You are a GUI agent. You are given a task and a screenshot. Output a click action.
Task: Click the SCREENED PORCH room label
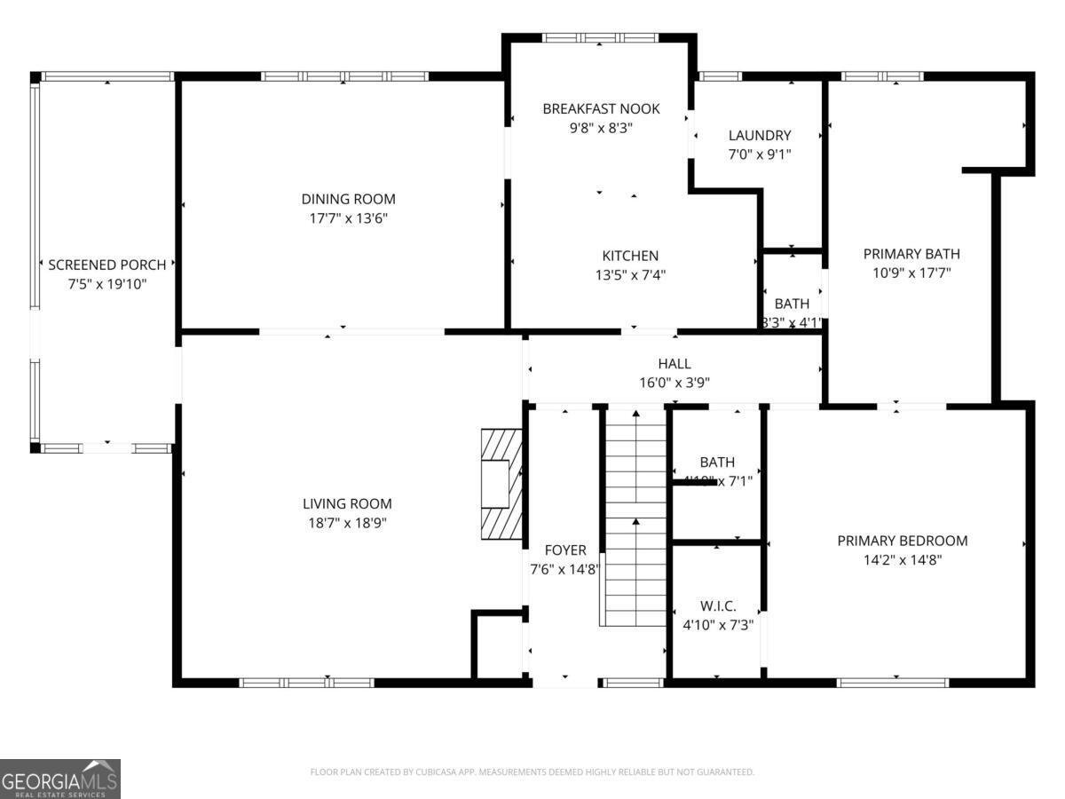[106, 265]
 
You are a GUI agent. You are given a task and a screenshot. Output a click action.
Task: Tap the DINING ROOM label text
[348, 199]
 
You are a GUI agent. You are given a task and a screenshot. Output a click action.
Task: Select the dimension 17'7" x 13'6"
[348, 218]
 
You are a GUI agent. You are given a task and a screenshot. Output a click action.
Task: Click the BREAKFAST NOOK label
[601, 109]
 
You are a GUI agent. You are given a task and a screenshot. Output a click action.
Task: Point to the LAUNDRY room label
[759, 136]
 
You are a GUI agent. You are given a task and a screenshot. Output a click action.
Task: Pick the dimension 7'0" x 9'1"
[759, 154]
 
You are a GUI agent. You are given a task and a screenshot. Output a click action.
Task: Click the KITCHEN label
[630, 256]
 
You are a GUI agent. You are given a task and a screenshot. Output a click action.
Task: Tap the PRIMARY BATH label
[911, 254]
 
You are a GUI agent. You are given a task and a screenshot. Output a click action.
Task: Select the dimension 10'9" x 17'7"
[911, 273]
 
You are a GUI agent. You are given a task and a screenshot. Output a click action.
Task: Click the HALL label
[674, 364]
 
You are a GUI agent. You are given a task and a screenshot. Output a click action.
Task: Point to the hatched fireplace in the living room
[501, 485]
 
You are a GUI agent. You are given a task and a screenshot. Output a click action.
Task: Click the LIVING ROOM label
[347, 503]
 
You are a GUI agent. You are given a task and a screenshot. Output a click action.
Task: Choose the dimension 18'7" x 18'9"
[347, 523]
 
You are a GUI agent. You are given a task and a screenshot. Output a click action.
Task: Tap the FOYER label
[564, 550]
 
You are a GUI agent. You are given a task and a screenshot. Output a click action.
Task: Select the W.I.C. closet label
[717, 605]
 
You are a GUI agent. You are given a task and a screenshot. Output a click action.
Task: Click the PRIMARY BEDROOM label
[903, 541]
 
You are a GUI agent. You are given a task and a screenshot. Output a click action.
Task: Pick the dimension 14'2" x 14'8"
[903, 560]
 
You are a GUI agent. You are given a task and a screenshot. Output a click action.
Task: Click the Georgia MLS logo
[60, 779]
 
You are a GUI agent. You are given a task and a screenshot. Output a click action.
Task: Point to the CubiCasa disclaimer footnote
[532, 772]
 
